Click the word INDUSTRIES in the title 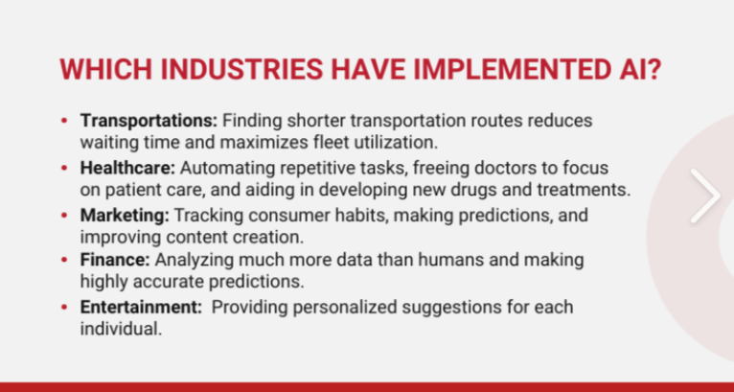point(241,69)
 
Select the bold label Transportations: point(149,121)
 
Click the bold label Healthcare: point(127,168)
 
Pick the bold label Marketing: point(125,216)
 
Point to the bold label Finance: point(115,260)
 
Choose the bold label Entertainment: point(141,308)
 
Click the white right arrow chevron point(706,196)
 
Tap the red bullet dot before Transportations point(64,121)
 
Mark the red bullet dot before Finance point(64,260)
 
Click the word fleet point(331,143)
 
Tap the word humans point(450,260)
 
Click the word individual point(121,329)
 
